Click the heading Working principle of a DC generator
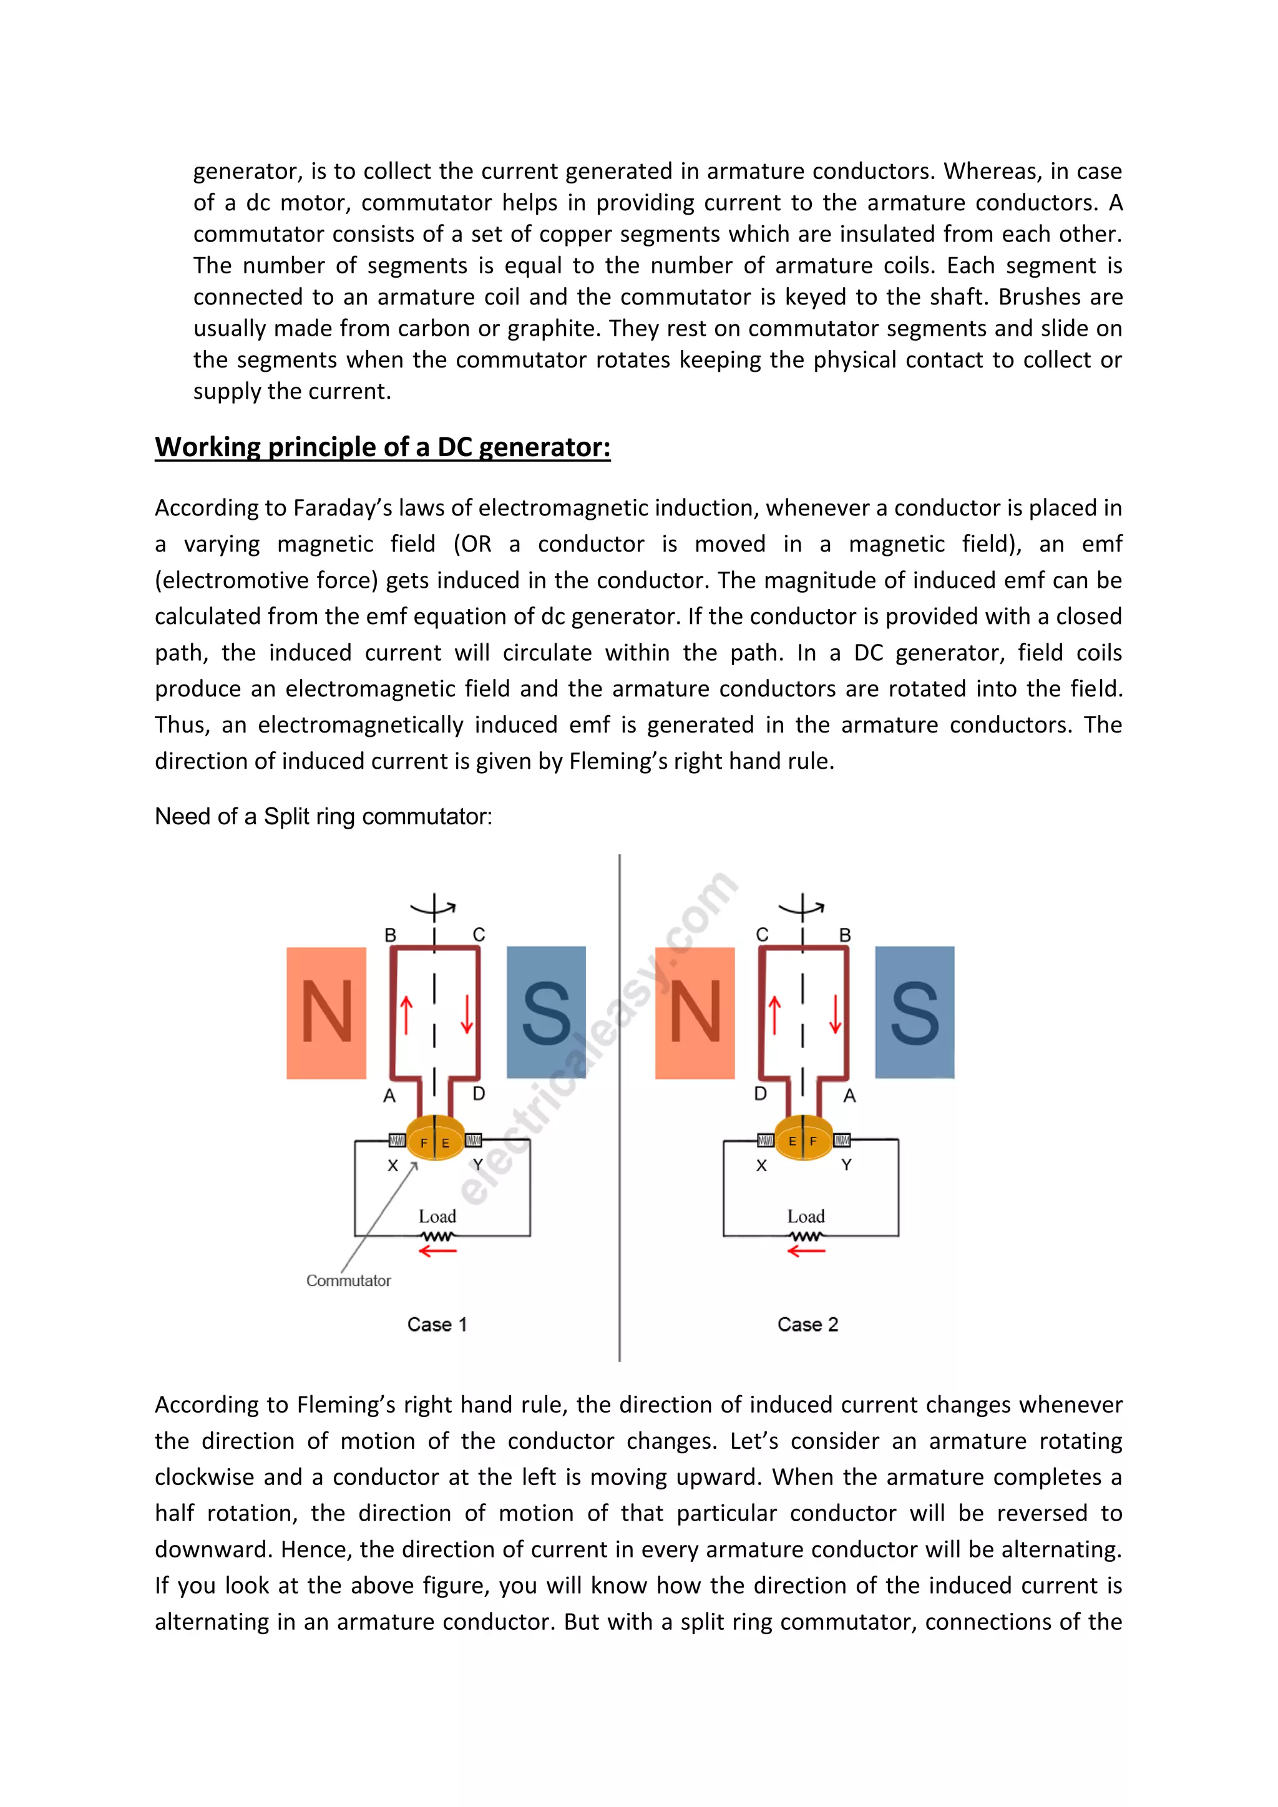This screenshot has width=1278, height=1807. pos(383,447)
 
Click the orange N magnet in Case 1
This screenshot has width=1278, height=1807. pos(326,1012)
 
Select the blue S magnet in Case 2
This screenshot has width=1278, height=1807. pos(914,1012)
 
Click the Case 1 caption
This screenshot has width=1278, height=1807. pos(437,1325)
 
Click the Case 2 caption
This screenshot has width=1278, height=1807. pos(807,1325)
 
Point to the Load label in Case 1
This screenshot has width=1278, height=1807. pos(437,1216)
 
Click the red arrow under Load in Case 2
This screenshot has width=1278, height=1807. pos(806,1250)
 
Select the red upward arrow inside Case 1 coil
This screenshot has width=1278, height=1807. pos(406,1015)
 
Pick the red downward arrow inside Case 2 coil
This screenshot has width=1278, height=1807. pos(835,1015)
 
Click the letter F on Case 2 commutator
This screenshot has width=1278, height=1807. pos(813,1141)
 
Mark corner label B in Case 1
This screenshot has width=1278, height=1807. pos(390,935)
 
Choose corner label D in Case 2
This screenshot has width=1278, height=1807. pos(760,1094)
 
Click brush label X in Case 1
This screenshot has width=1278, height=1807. pos(393,1166)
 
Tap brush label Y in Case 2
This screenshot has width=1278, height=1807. pos(846,1165)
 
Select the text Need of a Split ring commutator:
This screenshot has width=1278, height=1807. pos(323,816)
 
